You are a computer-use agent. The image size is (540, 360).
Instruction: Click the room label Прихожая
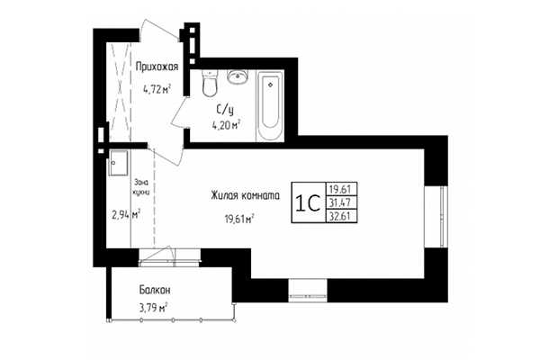[x=157, y=67]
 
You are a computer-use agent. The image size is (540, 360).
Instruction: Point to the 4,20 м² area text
[x=226, y=125]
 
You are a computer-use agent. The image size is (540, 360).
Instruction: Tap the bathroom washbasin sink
[x=238, y=76]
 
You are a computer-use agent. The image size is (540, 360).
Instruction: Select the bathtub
[x=270, y=107]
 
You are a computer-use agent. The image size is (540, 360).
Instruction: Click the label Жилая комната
[x=245, y=195]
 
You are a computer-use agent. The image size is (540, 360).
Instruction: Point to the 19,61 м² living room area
[x=238, y=217]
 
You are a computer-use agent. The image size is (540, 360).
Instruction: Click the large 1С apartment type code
[x=307, y=202]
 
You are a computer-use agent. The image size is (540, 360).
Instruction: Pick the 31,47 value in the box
[x=340, y=202]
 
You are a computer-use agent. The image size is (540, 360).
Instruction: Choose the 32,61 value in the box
[x=340, y=217]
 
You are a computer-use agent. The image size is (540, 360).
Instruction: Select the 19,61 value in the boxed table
[x=340, y=188]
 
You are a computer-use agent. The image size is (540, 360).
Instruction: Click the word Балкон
[x=155, y=291]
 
